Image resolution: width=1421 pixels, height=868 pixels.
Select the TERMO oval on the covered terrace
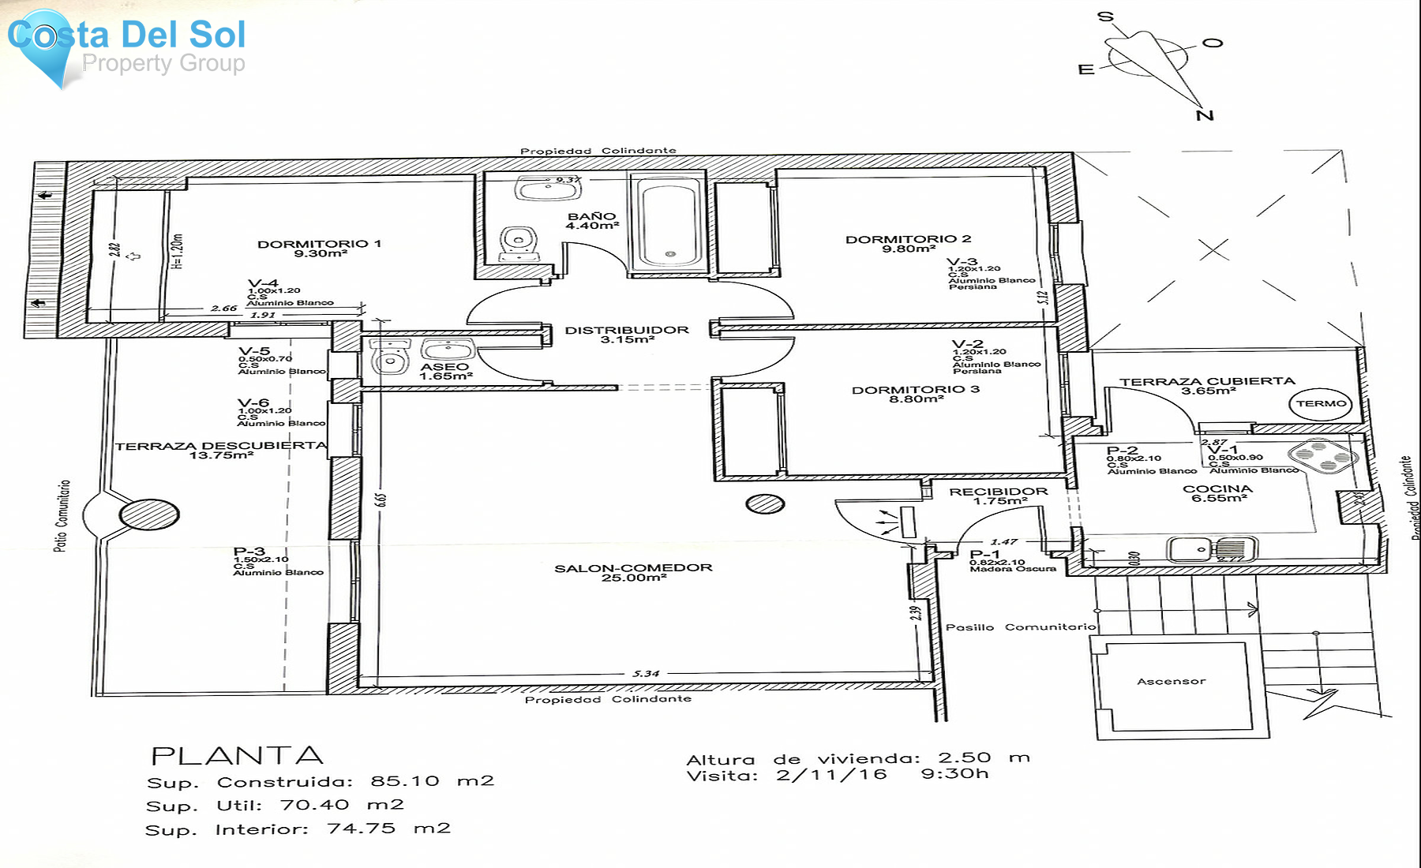point(1321,404)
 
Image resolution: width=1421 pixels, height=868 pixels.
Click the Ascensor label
point(1171,682)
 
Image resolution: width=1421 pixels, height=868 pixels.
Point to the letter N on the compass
point(1205,116)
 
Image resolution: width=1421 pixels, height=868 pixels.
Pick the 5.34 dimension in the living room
point(646,674)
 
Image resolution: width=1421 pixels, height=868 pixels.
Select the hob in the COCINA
point(1322,457)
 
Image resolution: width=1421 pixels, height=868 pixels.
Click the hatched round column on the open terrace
point(149,515)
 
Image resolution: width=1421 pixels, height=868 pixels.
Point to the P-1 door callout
point(985,555)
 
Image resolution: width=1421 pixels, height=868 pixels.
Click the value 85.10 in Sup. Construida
point(404,781)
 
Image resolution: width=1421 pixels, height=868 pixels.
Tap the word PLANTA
point(237,756)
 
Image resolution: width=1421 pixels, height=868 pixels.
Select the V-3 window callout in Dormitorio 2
point(962,262)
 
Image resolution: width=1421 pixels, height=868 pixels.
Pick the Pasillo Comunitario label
point(1021,627)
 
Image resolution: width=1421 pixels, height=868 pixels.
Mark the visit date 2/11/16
point(830,775)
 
